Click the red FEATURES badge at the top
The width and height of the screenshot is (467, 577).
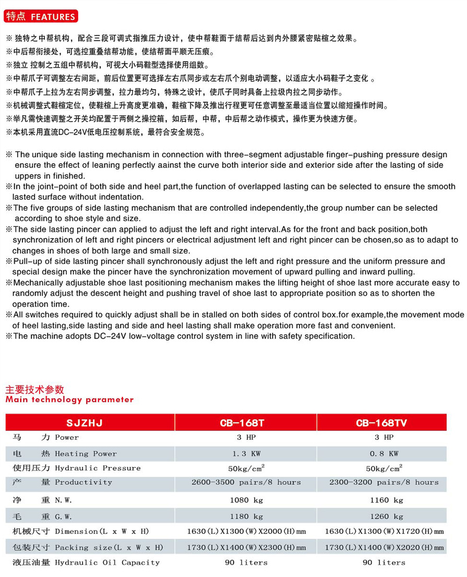tap(41, 16)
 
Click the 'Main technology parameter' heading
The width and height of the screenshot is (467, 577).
tap(69, 400)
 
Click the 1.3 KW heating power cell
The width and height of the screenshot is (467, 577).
tap(246, 453)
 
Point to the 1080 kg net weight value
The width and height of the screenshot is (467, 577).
tap(246, 500)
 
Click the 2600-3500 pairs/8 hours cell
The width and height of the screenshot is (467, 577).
tap(246, 482)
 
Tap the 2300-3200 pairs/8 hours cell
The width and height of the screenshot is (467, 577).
tap(384, 482)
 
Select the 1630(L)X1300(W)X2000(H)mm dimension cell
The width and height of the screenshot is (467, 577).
tap(246, 532)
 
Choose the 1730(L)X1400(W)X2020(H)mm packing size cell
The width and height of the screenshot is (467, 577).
tap(384, 547)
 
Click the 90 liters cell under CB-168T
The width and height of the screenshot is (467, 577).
tap(246, 562)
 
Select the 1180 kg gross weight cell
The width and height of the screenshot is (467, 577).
tap(246, 516)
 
